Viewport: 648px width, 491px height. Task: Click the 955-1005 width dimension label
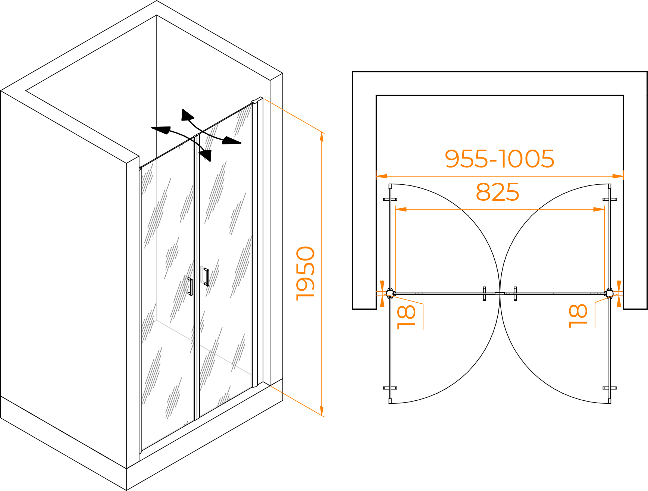499,159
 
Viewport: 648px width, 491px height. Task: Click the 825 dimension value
497,192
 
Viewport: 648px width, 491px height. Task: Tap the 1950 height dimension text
306,273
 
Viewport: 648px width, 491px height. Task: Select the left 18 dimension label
406,317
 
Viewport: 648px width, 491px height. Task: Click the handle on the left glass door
190,287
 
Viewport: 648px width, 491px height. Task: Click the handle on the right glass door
206,277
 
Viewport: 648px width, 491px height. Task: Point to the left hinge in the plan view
390,294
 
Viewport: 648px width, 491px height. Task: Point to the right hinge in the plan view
609,294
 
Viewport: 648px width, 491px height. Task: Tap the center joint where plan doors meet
500,294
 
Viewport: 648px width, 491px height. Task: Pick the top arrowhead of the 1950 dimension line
322,137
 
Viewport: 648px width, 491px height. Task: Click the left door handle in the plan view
484,294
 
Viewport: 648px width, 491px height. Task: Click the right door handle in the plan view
515,294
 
